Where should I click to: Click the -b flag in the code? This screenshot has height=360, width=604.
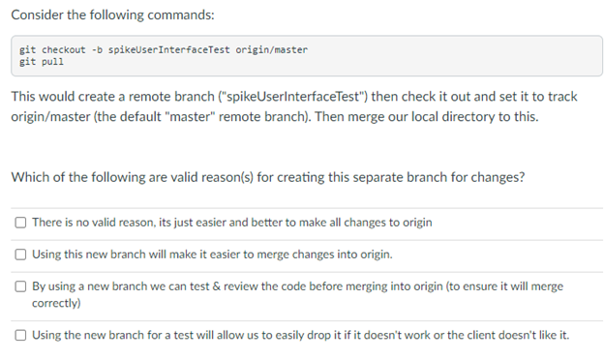[96, 48]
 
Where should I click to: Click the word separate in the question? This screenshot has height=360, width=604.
[355, 177]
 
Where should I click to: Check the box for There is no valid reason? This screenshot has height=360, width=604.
[20, 223]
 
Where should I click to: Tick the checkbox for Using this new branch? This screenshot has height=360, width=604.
[20, 255]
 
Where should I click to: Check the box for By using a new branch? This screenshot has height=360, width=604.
[20, 287]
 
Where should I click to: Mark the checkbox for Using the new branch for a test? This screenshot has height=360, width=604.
[20, 335]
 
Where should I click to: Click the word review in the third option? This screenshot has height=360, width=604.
[236, 287]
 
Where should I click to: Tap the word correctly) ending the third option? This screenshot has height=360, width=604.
[56, 303]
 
